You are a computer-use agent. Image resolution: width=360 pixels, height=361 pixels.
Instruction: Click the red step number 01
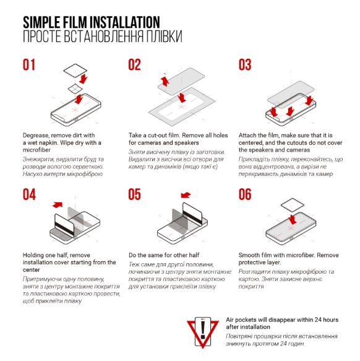click(x=29, y=64)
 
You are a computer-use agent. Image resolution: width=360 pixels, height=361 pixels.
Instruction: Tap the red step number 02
click(x=135, y=64)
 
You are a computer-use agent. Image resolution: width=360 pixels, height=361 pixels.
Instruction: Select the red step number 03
click(x=245, y=64)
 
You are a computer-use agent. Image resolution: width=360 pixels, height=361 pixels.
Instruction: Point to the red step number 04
click(x=29, y=194)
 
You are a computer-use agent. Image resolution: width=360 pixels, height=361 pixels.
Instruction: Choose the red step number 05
click(x=135, y=194)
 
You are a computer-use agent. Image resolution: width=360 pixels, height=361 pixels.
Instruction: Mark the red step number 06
click(x=245, y=194)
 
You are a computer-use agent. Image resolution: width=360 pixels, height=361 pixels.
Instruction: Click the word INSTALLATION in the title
click(x=125, y=22)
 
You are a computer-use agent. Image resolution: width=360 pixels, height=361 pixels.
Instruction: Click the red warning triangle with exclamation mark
click(x=203, y=333)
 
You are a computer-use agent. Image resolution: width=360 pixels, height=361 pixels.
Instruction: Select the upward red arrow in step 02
click(x=165, y=81)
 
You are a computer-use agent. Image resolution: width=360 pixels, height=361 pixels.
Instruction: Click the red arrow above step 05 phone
click(x=186, y=195)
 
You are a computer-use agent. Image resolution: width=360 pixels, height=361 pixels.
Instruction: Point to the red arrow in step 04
click(x=58, y=205)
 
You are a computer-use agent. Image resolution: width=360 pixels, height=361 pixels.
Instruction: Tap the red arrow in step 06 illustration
click(x=293, y=220)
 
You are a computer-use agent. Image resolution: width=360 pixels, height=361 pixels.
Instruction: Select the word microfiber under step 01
click(x=36, y=150)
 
